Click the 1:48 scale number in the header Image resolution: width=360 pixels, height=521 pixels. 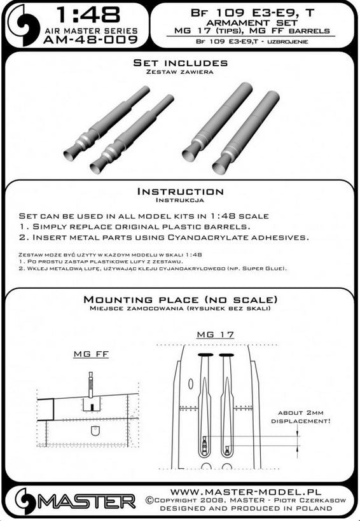tap(88, 15)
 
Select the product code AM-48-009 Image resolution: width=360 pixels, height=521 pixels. tap(90, 40)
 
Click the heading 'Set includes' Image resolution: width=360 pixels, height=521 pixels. tap(181, 63)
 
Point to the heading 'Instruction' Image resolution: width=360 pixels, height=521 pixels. tap(181, 191)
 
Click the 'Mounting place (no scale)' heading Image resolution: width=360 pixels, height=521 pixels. tap(181, 300)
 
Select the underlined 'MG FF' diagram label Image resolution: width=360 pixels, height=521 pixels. tap(91, 354)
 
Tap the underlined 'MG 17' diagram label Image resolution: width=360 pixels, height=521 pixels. tap(216, 335)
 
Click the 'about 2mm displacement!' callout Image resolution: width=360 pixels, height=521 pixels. tap(301, 417)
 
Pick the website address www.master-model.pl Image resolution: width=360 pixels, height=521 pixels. tap(246, 492)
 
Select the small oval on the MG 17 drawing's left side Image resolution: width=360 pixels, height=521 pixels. tap(191, 384)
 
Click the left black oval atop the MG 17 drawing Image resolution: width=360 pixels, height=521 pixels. tap(205, 355)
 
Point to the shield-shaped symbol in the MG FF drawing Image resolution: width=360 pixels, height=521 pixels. tap(95, 431)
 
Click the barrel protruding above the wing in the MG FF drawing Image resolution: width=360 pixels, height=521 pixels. tap(90, 384)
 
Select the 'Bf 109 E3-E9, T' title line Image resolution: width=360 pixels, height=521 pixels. tap(253, 13)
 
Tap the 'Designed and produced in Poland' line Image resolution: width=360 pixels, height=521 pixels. tap(246, 508)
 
